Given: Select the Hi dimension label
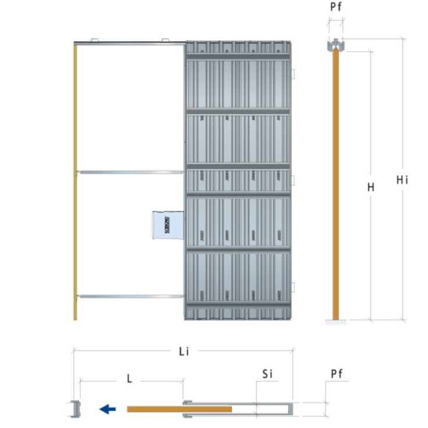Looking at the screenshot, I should point(402,180).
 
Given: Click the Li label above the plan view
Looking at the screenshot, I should point(184,351).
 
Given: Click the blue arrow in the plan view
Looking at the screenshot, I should point(107,409).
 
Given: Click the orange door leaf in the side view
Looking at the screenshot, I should point(335,186).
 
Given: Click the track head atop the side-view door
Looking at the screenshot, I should point(335,44).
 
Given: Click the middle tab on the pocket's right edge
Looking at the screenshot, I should point(293,179).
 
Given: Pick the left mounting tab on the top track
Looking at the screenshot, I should point(94,40).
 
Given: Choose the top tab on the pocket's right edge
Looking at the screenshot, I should point(293,74).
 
